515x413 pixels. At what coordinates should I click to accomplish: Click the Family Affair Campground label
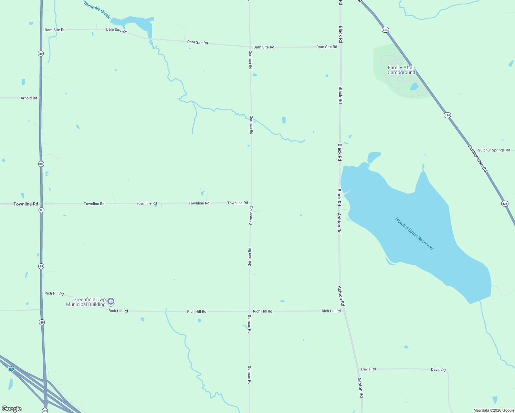[x=401, y=70]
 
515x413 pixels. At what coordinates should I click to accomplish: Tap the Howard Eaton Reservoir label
[x=414, y=234]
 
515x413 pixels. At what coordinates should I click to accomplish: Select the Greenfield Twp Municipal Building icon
[x=111, y=302]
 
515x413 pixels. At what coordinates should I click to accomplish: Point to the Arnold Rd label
[x=29, y=98]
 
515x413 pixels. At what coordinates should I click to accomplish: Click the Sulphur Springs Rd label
[x=494, y=150]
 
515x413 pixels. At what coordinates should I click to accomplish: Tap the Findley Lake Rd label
[x=478, y=158]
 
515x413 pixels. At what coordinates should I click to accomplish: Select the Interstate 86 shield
[x=12, y=369]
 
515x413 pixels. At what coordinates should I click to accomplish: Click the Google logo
[x=11, y=409]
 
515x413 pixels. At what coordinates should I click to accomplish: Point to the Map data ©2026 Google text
[x=494, y=410]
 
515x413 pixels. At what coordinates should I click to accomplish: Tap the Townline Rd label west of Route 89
[x=26, y=204]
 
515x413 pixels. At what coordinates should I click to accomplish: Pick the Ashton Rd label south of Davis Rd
[x=360, y=388]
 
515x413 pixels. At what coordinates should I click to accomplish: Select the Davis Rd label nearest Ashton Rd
[x=368, y=369]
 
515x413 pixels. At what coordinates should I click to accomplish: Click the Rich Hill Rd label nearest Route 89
[x=54, y=294]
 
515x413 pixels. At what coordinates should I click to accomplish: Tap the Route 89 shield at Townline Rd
[x=41, y=210]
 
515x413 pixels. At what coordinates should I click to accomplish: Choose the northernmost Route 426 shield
[x=385, y=30]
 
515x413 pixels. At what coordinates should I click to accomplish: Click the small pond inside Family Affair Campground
[x=414, y=86]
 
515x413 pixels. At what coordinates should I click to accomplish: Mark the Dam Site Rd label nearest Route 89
[x=55, y=30]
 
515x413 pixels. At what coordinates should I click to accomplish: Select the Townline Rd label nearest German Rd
[x=238, y=203]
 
